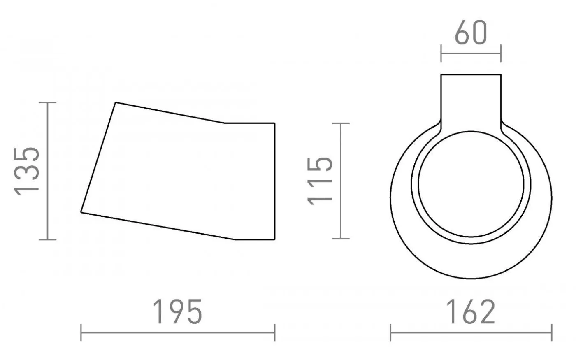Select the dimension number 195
[178, 311]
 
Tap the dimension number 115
[320, 180]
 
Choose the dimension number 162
[471, 311]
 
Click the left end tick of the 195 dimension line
[81, 332]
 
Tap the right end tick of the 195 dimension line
[274, 332]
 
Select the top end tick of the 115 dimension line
[340, 123]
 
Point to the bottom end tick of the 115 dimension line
[340, 238]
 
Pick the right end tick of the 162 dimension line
[551, 332]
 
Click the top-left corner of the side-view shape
[116, 102]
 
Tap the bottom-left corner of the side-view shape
[81, 212]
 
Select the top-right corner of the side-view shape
[274, 123]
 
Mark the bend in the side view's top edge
[224, 123]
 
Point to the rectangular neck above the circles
[471, 99]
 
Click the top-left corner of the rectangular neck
[441, 75]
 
